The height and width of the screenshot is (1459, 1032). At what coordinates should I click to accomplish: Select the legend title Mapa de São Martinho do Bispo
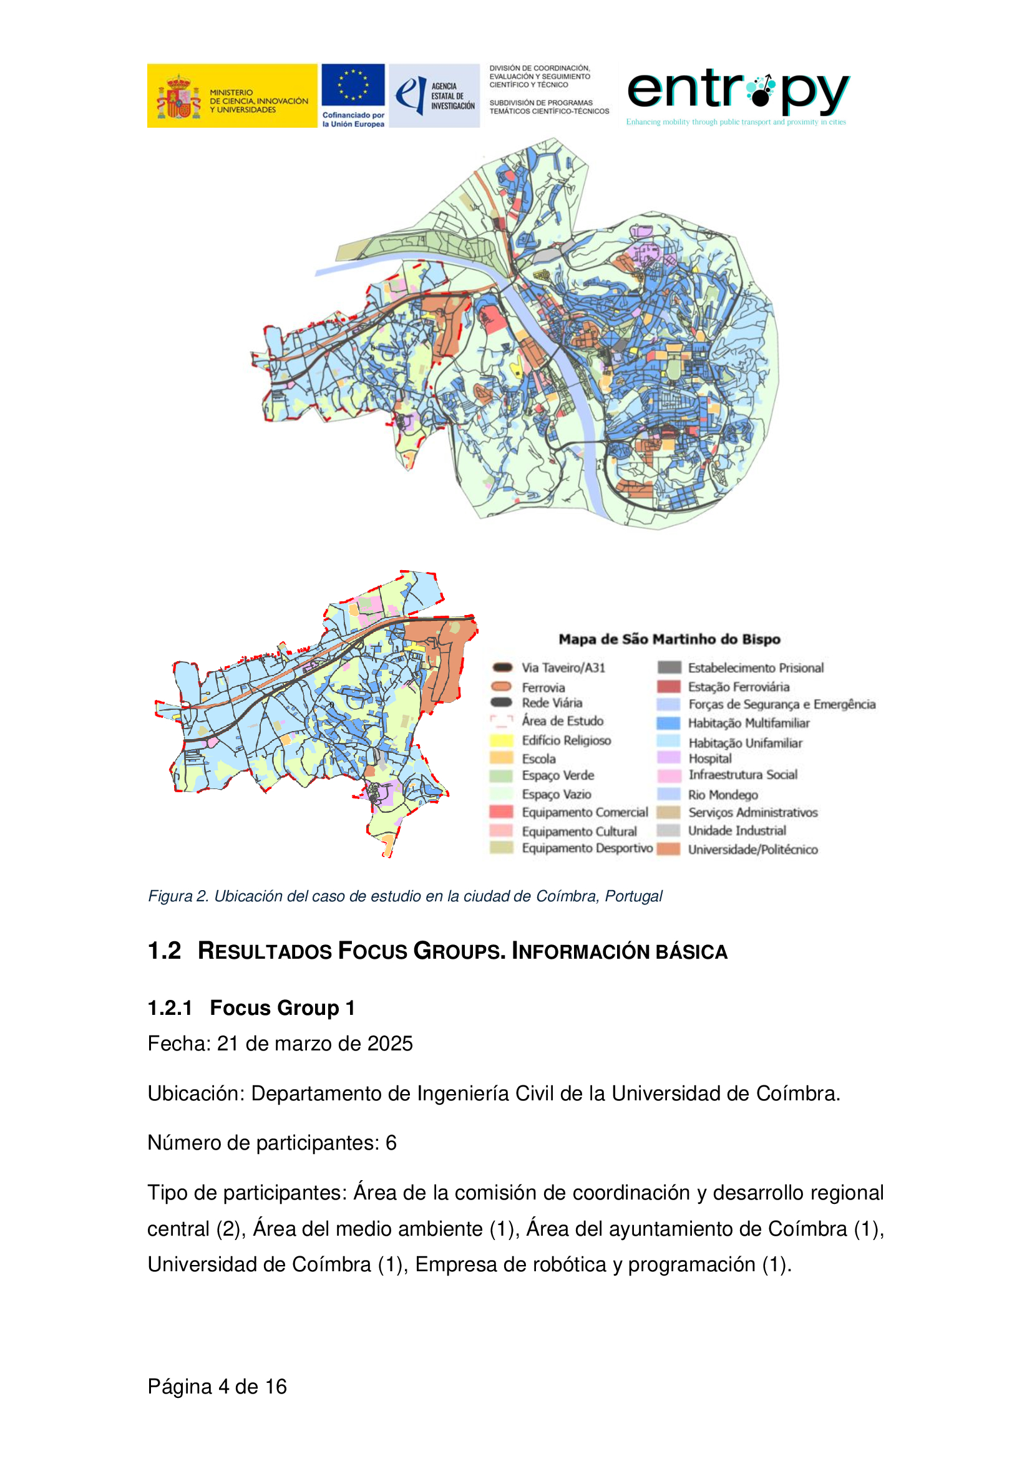[669, 639]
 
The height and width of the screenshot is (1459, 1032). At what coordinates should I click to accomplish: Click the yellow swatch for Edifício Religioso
[502, 740]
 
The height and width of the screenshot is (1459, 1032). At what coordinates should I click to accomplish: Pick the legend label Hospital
[710, 758]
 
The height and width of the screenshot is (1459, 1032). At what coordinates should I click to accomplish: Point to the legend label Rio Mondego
[723, 794]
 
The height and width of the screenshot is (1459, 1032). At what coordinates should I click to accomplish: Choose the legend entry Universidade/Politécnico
[752, 850]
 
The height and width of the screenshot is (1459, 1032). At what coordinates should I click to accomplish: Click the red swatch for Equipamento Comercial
[502, 812]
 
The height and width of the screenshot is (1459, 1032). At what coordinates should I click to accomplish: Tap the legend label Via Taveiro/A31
[563, 668]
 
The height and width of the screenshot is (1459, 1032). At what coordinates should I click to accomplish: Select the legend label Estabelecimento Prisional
[756, 668]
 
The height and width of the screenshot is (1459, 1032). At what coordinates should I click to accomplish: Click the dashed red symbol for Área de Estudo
[502, 720]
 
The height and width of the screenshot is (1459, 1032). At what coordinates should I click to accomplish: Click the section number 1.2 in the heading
[164, 951]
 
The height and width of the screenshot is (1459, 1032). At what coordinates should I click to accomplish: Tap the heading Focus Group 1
[282, 1008]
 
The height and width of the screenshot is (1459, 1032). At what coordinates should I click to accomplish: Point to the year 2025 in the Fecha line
[389, 1044]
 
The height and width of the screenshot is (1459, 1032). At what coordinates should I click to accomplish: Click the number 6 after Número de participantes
[391, 1143]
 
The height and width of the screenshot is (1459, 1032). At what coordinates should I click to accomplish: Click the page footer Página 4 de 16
[217, 1387]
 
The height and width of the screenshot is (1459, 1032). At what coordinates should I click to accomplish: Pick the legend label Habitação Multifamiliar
[749, 723]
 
